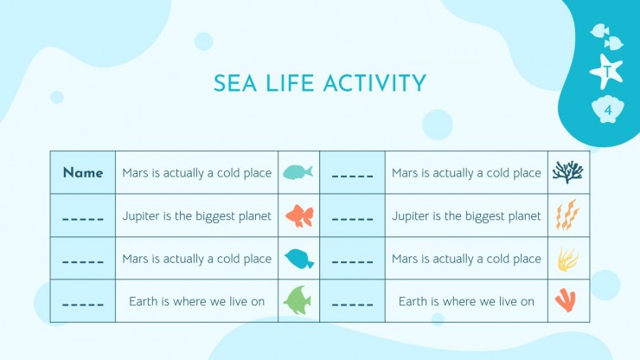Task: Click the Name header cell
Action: click(83, 172)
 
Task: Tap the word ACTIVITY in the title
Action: click(374, 83)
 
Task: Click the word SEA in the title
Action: click(235, 83)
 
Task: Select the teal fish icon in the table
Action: click(298, 172)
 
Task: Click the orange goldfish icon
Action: click(299, 215)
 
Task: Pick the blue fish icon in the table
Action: click(299, 259)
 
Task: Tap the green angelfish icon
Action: click(298, 300)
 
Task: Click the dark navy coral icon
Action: click(567, 171)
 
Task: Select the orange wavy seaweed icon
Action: click(567, 215)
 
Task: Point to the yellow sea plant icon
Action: click(567, 260)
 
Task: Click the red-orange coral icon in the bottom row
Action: click(566, 300)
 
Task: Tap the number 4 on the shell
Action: click(608, 110)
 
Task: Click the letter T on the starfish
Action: click(607, 72)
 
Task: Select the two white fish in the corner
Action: click(607, 37)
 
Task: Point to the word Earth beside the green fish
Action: click(144, 301)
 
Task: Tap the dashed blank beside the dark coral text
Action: click(352, 177)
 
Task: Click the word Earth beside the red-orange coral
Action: click(413, 301)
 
